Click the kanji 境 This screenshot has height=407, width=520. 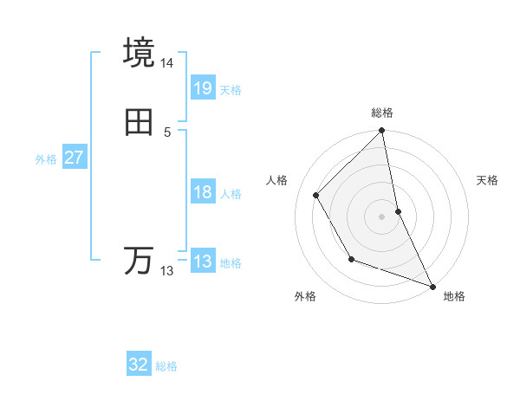coord(139,53)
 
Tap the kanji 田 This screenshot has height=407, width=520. coord(139,124)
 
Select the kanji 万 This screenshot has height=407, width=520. coord(139,261)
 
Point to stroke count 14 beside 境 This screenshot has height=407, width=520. coord(167,63)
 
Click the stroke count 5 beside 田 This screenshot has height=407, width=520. coord(167,132)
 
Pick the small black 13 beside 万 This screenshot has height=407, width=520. coord(167,271)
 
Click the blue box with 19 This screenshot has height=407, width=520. coord(202,87)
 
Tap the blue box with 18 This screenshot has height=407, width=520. coord(202,192)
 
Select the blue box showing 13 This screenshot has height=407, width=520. coord(202,262)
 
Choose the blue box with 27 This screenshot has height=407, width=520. coord(74,158)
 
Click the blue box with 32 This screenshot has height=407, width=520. coord(139,365)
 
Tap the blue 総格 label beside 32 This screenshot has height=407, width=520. coord(166,366)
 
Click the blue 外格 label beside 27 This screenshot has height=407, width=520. coord(46,159)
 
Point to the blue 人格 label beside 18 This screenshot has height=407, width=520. coord(231,194)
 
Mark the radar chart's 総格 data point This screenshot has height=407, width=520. coord(382,132)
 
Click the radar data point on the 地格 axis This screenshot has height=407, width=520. coord(432,286)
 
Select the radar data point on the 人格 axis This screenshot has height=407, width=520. coord(316,195)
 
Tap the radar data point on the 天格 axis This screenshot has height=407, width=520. coord(398,211)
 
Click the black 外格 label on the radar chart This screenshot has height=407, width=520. coord(305,297)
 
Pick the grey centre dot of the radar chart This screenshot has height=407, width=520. coord(382,216)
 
